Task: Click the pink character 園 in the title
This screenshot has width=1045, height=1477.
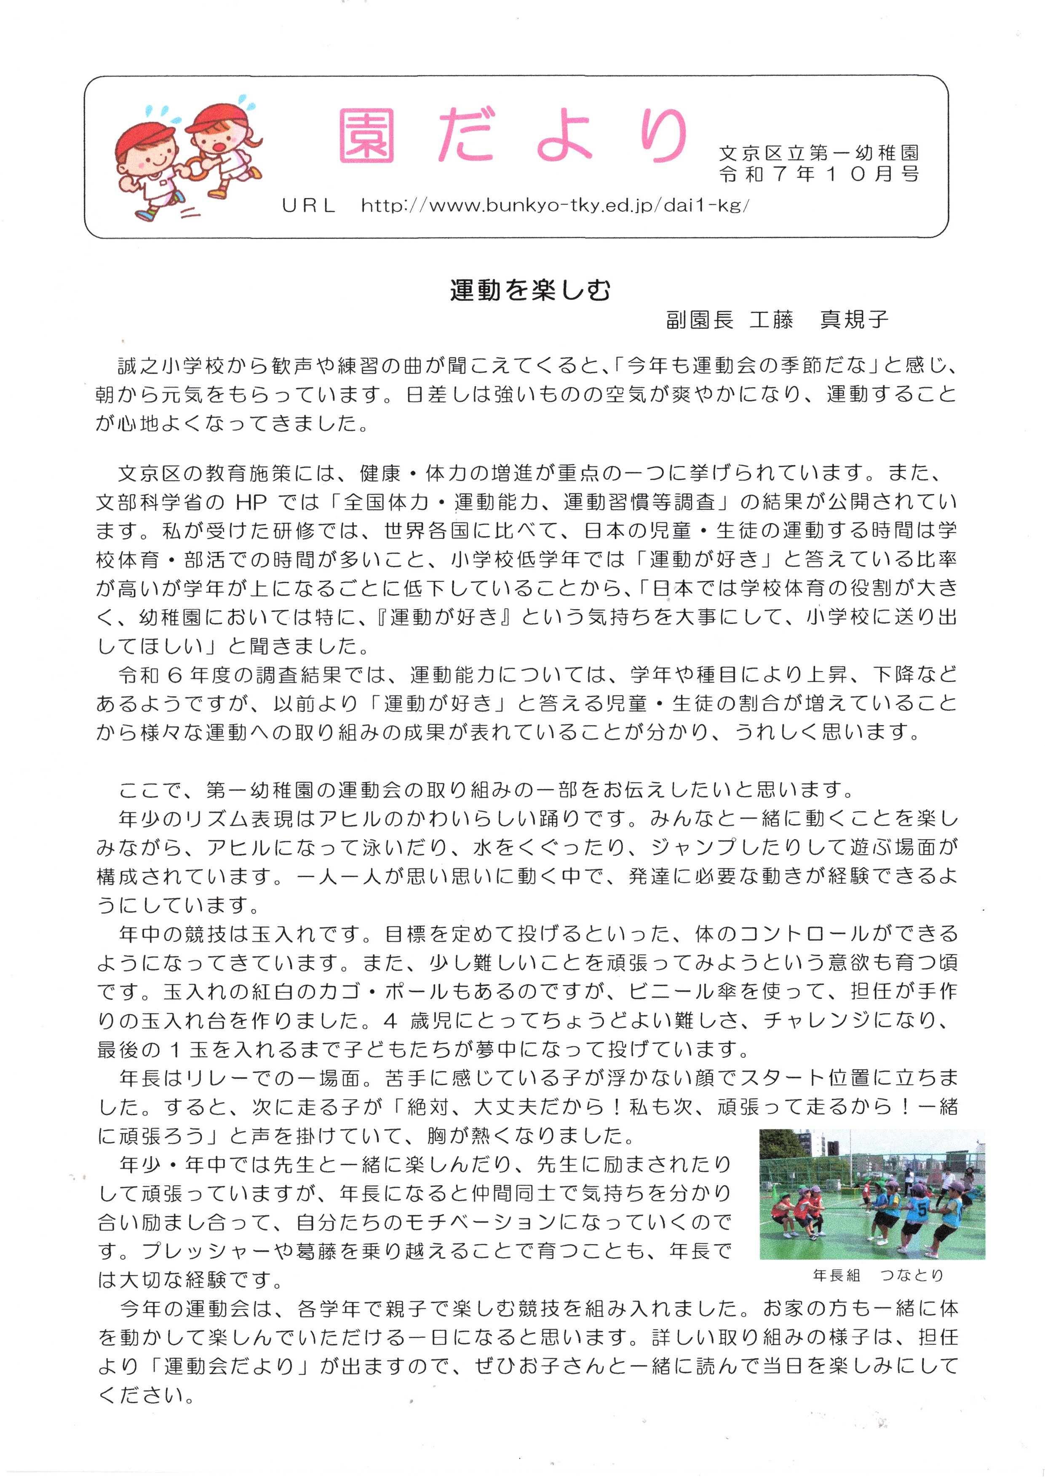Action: click(367, 135)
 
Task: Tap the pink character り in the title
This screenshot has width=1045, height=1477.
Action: click(663, 135)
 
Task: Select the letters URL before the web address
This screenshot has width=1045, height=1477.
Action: click(309, 206)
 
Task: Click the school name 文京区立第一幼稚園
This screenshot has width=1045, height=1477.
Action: click(818, 153)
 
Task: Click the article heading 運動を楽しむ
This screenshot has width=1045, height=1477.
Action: click(529, 291)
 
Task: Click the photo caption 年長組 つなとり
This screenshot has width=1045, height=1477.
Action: click(878, 1275)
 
